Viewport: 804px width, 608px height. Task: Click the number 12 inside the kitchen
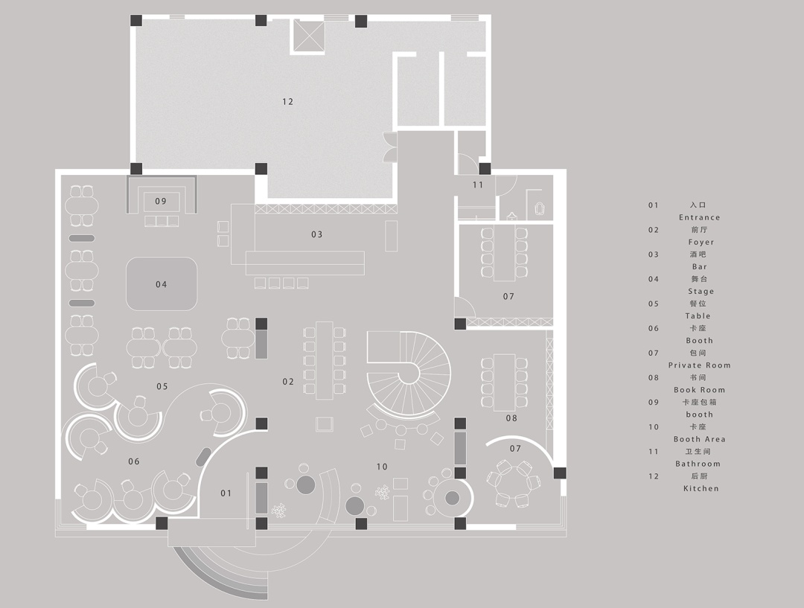coord(287,101)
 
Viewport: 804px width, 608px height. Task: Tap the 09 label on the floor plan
coord(161,201)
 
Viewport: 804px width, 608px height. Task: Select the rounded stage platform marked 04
coord(162,284)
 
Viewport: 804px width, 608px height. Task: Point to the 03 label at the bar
coord(317,234)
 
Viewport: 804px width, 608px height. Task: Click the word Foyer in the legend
coord(701,242)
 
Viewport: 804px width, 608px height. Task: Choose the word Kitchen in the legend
coord(701,488)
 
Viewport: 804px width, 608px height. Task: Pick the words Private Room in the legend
coord(699,365)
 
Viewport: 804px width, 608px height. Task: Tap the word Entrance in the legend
coord(699,217)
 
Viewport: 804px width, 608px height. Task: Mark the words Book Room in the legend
coord(699,390)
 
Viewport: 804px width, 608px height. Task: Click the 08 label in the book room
coord(511,418)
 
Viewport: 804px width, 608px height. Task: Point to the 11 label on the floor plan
coord(478,185)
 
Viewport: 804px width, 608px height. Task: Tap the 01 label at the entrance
coord(226,493)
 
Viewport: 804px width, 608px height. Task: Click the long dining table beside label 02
coord(325,359)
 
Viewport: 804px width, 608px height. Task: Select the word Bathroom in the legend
coord(698,464)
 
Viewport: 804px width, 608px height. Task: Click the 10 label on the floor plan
coord(382,467)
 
